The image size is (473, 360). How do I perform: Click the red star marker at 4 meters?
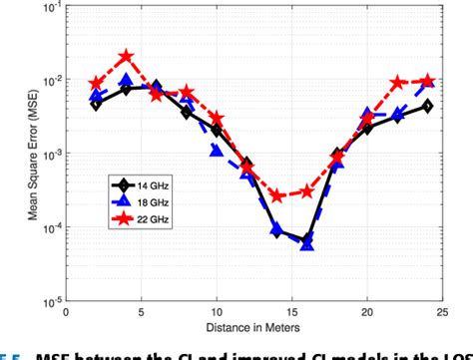[x=126, y=58]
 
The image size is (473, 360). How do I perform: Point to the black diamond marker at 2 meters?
[x=96, y=104]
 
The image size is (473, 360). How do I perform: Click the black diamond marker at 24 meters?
[x=427, y=106]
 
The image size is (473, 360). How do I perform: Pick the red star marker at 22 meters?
[x=397, y=82]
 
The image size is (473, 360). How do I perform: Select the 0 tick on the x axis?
[x=66, y=310]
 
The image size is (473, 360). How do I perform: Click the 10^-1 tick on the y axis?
[x=47, y=8]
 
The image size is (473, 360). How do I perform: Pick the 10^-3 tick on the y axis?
[x=47, y=154]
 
